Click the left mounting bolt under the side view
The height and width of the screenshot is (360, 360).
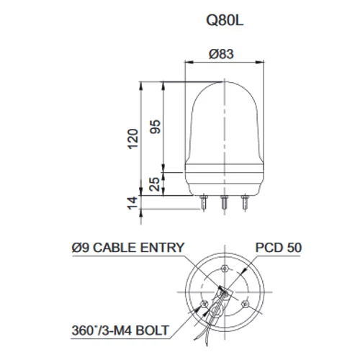(x=204, y=204)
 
